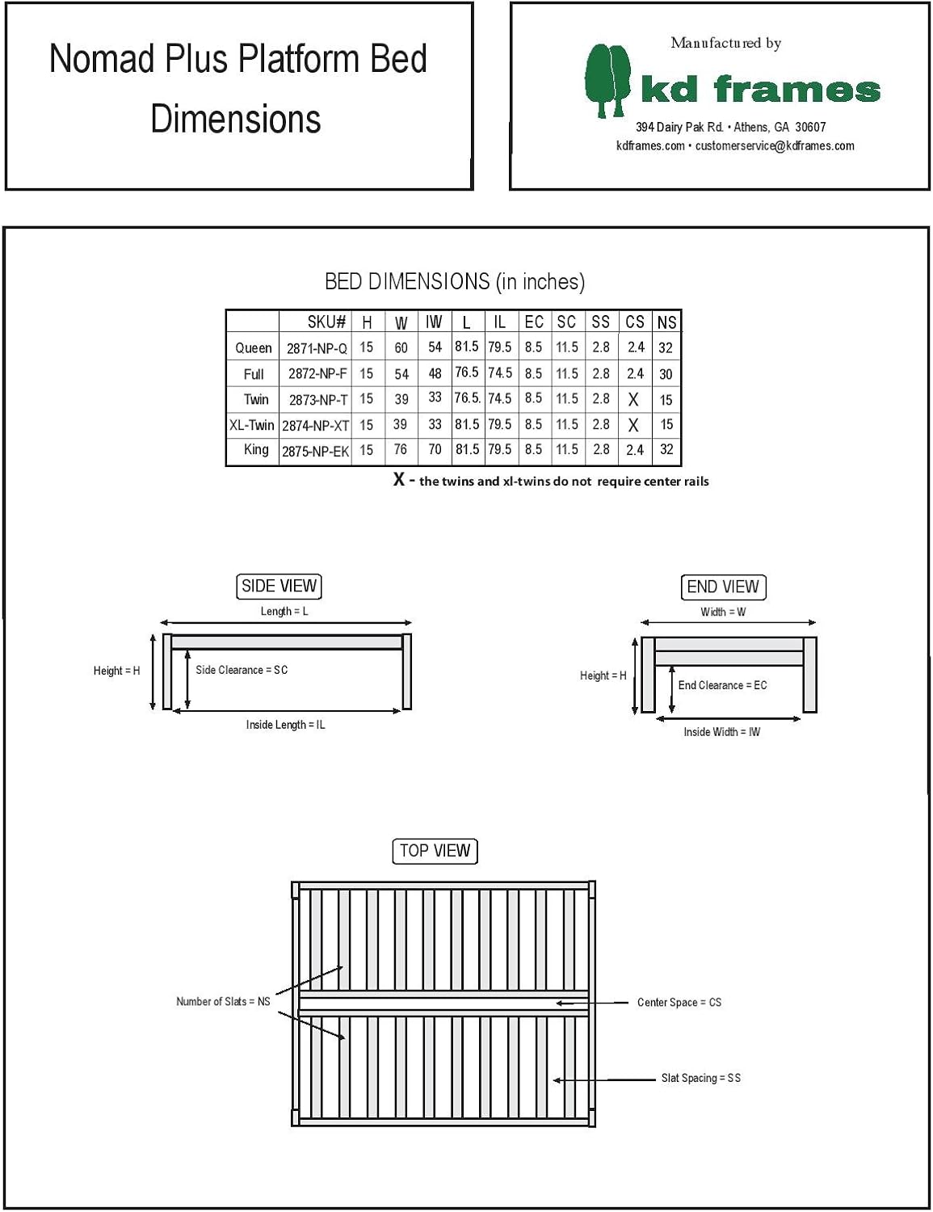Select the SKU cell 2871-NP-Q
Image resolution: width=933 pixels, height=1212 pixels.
click(317, 348)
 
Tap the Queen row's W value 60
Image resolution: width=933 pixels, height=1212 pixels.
click(401, 348)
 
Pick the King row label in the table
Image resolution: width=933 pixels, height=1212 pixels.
click(256, 449)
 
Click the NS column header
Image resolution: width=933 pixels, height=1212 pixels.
click(666, 322)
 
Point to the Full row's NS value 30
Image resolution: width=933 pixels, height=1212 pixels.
click(666, 374)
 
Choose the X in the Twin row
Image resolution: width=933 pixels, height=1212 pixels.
click(633, 399)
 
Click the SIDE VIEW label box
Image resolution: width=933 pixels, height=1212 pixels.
click(279, 586)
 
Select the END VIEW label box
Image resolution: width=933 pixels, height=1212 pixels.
click(723, 587)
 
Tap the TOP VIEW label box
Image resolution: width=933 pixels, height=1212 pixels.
click(435, 851)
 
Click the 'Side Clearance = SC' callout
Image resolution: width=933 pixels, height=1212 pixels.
click(242, 670)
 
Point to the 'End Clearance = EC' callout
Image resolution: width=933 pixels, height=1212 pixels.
click(722, 685)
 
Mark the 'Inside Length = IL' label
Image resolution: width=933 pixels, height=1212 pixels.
click(285, 725)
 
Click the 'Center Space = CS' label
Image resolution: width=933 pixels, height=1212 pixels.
click(679, 1003)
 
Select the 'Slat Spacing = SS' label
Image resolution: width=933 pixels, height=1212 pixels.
click(700, 1078)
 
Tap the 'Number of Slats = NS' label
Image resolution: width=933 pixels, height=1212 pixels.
click(223, 1002)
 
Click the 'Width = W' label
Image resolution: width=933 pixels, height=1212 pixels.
click(723, 612)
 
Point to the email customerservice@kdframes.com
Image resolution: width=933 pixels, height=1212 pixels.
click(775, 146)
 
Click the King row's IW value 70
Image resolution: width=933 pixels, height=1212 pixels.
click(435, 449)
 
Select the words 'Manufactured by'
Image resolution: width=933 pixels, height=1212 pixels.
click(725, 43)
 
